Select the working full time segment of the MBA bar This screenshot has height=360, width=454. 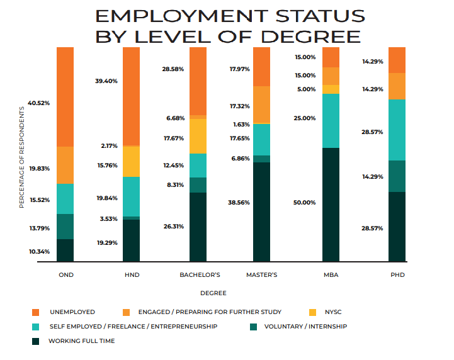(331, 205)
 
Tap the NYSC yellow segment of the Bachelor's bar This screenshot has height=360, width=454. (198, 136)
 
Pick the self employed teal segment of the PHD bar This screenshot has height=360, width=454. (397, 130)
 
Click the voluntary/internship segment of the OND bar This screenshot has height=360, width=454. (65, 227)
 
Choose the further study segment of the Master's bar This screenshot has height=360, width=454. (261, 104)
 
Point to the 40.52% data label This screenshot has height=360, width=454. (40, 103)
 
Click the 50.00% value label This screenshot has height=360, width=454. (305, 203)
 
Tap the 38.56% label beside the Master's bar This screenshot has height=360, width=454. (239, 203)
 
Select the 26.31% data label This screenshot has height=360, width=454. (174, 226)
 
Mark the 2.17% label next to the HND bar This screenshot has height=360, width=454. (108, 146)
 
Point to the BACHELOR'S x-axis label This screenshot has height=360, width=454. (200, 275)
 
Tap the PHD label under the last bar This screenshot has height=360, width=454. (397, 275)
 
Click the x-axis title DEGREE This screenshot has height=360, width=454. (213, 293)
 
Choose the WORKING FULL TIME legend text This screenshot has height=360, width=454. (81, 341)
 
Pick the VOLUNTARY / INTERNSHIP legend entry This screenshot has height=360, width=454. (305, 327)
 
